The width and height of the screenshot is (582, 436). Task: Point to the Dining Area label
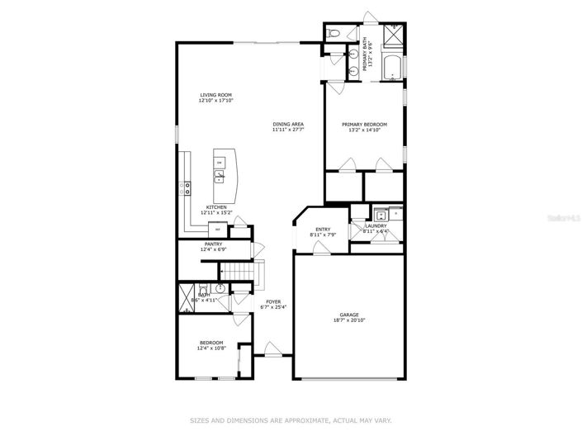pyautogui.click(x=288, y=124)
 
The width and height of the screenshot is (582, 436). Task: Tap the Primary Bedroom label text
pyautogui.click(x=364, y=124)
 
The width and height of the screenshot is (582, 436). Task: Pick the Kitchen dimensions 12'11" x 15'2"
pyautogui.click(x=216, y=213)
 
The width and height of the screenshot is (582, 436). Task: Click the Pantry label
pyautogui.click(x=214, y=244)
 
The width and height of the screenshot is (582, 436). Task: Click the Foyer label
pyautogui.click(x=272, y=302)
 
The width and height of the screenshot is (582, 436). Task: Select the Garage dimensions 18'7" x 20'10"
pyautogui.click(x=349, y=320)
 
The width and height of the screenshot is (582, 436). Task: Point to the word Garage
pyautogui.click(x=349, y=314)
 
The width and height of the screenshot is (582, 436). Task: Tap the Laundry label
pyautogui.click(x=376, y=225)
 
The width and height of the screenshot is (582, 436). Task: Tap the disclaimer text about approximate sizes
pyautogui.click(x=291, y=420)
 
